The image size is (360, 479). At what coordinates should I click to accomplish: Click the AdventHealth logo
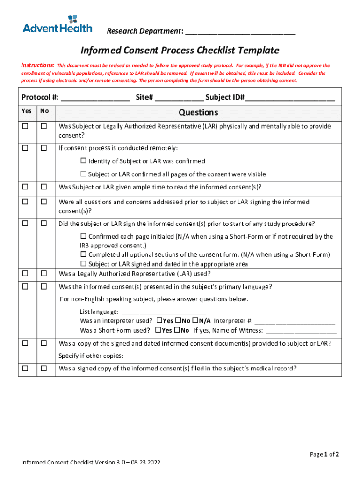tap(58, 24)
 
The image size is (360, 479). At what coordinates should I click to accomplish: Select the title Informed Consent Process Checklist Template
tap(180, 51)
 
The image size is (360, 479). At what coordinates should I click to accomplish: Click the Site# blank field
tap(180, 98)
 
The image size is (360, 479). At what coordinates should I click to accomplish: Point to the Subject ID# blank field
tap(290, 98)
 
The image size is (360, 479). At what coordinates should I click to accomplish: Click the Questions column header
tap(198, 112)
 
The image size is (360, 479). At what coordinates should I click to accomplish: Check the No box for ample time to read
tap(44, 187)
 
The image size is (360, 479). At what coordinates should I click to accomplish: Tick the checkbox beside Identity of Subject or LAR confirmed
tap(84, 161)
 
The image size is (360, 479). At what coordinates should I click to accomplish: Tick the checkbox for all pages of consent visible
tap(84, 174)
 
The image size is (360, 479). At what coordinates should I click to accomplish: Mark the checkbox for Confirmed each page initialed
tap(84, 236)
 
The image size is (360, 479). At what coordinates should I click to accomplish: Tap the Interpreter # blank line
tap(295, 321)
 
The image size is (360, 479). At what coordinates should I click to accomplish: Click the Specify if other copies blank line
tap(229, 356)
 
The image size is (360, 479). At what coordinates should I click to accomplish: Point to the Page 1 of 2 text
tap(324, 454)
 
